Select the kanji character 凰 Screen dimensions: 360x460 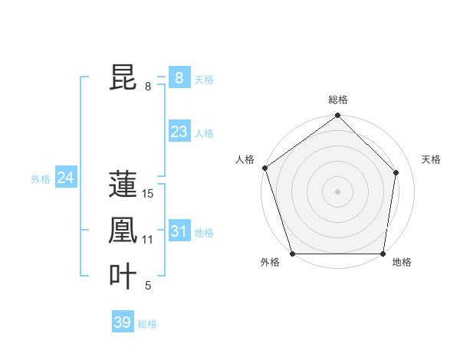click(x=123, y=231)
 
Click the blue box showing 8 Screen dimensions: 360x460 click(x=179, y=77)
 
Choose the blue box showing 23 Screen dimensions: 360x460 click(x=179, y=132)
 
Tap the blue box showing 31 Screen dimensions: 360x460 click(x=179, y=231)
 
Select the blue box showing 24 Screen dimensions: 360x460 click(x=66, y=178)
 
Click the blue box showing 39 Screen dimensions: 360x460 click(x=123, y=322)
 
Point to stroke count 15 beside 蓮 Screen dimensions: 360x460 click(x=148, y=194)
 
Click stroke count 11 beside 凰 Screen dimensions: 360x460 click(x=148, y=240)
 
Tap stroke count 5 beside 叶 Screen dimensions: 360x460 click(x=148, y=286)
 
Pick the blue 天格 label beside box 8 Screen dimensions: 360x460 click(x=204, y=79)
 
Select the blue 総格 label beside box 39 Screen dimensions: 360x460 click(x=147, y=324)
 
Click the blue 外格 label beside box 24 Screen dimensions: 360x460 click(x=41, y=179)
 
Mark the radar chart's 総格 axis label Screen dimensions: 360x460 click(x=338, y=100)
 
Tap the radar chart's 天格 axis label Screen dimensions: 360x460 click(x=432, y=159)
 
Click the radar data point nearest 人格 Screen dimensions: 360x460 click(x=265, y=168)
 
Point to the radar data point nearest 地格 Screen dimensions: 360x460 click(x=383, y=254)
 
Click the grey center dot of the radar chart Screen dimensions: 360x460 click(x=337, y=191)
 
